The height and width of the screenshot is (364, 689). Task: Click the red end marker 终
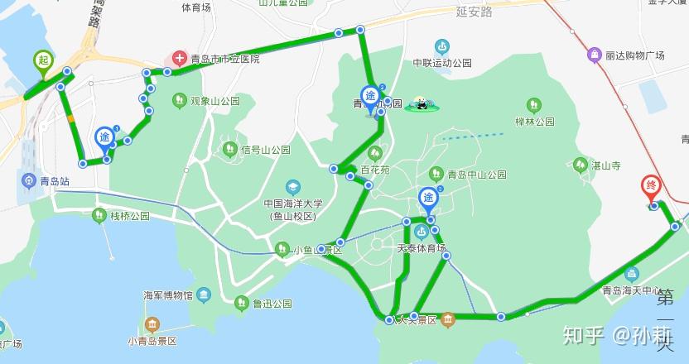[x=652, y=186]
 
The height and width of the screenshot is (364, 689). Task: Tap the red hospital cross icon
[x=178, y=59]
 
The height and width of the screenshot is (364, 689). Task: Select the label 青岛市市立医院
[x=224, y=60]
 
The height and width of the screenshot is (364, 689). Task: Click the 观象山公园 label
[x=214, y=101]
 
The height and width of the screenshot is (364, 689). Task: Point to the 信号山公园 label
[x=265, y=151]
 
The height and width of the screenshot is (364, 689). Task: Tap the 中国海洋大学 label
[x=293, y=204]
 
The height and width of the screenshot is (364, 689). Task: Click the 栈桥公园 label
[x=129, y=216]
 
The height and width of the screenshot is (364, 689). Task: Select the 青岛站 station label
[x=52, y=180]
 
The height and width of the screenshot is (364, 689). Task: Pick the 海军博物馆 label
[x=168, y=295]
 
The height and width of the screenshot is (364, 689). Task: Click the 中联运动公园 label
[x=442, y=63]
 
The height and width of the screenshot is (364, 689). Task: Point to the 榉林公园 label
[x=534, y=122]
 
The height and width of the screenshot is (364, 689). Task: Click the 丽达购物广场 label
[x=635, y=55]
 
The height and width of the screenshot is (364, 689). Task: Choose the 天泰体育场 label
[x=422, y=248]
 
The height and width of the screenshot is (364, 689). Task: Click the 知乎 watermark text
[x=583, y=334]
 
